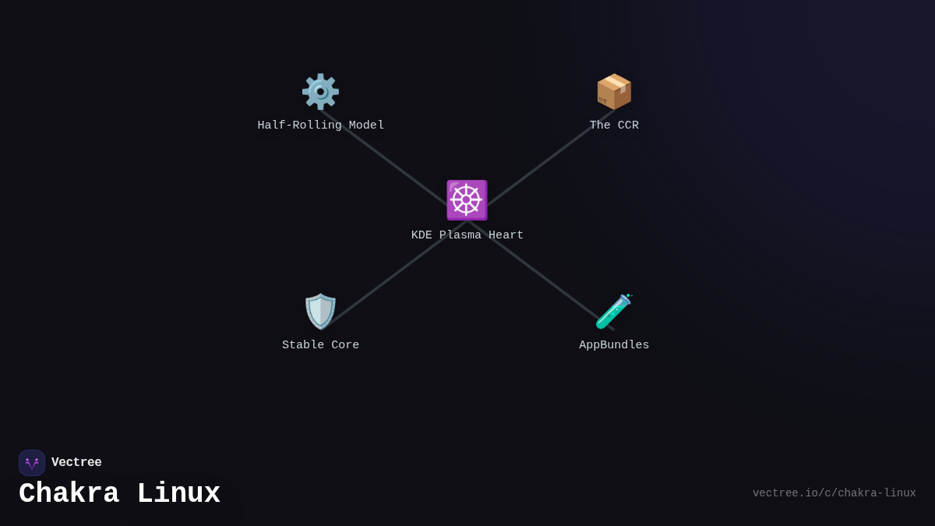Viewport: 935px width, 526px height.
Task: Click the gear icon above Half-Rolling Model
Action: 320,92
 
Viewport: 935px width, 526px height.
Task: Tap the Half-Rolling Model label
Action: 320,125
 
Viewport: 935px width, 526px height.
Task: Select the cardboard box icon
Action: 614,92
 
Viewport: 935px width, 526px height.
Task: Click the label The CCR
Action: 614,125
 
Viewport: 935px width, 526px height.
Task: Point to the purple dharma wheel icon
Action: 467,200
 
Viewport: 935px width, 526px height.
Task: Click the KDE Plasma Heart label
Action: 467,235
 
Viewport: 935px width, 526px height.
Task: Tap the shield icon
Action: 320,312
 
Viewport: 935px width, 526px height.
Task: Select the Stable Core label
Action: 320,345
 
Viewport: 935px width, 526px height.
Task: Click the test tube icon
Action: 614,312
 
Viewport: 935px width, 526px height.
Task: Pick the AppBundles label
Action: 614,345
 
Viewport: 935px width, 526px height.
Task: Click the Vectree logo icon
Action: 32,463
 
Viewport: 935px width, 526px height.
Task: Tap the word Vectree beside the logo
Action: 76,463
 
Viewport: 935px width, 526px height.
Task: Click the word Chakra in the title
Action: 69,494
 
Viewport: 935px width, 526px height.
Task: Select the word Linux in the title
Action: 178,494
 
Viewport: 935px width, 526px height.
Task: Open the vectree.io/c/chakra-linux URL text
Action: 834,493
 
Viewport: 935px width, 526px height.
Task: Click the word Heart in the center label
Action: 506,235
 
